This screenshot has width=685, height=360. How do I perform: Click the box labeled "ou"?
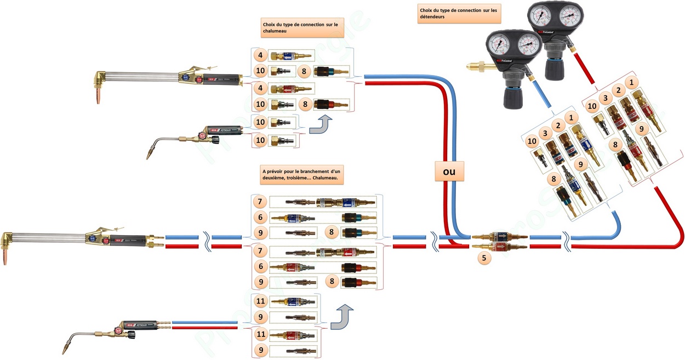pos(449,172)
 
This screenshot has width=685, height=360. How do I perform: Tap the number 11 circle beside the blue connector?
pos(262,302)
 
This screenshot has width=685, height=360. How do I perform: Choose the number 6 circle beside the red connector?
pos(261,267)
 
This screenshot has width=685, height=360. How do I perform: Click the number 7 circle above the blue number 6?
pos(261,202)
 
